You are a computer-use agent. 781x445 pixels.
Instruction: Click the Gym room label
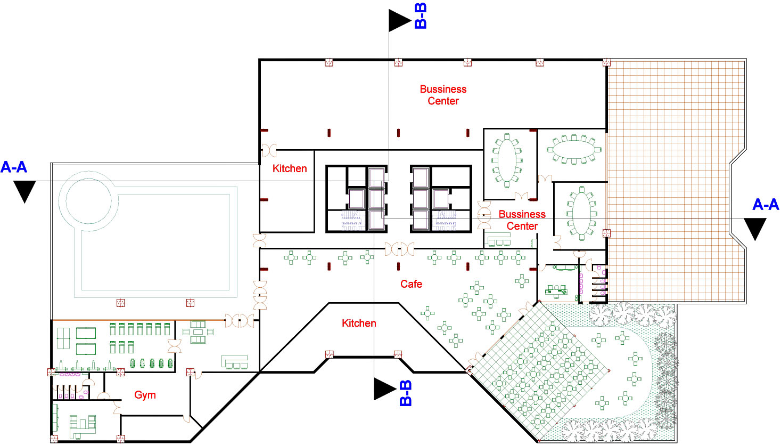(x=145, y=395)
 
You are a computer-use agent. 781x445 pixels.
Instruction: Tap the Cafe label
(x=411, y=284)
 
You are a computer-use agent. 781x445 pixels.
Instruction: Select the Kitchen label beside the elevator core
(x=290, y=168)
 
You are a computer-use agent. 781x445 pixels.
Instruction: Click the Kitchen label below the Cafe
(x=359, y=323)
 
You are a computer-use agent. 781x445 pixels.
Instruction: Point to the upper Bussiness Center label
(x=443, y=95)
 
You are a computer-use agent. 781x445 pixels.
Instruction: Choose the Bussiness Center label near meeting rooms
(x=522, y=220)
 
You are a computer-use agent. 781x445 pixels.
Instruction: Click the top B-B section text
(x=421, y=15)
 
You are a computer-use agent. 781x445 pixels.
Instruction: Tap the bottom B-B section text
(x=406, y=393)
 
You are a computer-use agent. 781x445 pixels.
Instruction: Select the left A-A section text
(x=14, y=167)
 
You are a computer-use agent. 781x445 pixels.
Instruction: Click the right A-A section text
(x=766, y=205)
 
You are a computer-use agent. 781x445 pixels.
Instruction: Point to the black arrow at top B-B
(x=399, y=20)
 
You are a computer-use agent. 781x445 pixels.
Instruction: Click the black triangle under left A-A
(x=24, y=191)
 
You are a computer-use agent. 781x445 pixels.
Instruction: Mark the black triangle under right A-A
(x=755, y=228)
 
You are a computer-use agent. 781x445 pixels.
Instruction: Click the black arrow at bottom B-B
(x=384, y=389)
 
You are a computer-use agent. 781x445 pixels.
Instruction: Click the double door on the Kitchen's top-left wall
(x=269, y=150)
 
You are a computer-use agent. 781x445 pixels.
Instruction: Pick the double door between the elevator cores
(x=399, y=249)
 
